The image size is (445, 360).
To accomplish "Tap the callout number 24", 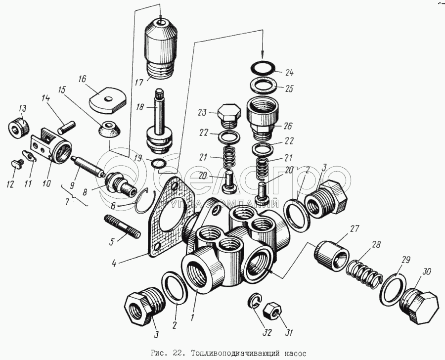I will coord(289,73).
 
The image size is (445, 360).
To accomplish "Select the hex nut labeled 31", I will coord(271,310).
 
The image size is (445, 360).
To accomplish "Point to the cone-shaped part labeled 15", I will coord(108,130).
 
